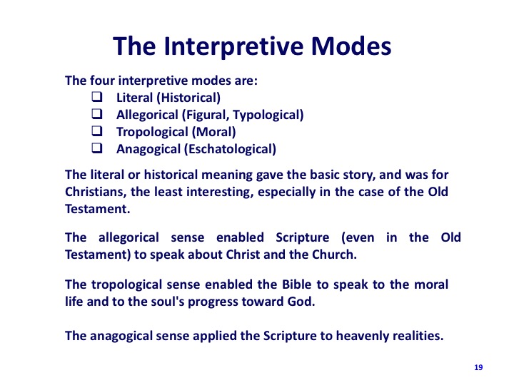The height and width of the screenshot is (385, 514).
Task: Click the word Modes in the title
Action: pos(351,46)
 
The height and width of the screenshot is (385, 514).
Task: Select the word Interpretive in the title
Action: pos(233,46)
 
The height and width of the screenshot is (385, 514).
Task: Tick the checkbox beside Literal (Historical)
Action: pos(96,97)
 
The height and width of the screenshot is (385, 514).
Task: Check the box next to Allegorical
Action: pos(96,114)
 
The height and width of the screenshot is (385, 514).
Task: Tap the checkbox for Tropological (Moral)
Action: pos(96,131)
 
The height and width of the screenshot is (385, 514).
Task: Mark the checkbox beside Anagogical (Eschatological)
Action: pos(96,148)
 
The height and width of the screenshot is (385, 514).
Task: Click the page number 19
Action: pos(478,367)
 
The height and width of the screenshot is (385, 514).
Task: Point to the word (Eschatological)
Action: pos(230,149)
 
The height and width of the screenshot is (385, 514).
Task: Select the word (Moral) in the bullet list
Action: pos(213,132)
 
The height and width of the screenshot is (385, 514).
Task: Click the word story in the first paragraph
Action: pos(359,175)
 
